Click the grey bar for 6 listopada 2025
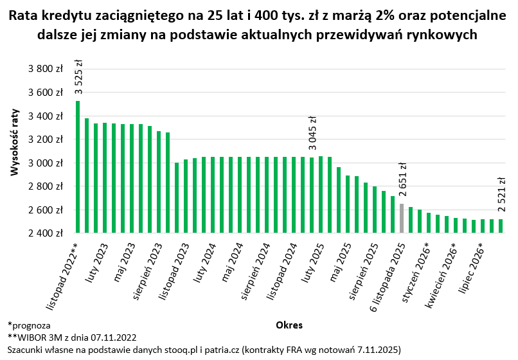pyautogui.click(x=402, y=219)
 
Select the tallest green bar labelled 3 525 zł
pyautogui.click(x=78, y=167)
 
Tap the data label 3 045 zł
pyautogui.click(x=312, y=133)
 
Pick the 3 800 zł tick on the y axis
pyautogui.click(x=46, y=69)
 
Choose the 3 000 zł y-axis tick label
pyautogui.click(x=46, y=163)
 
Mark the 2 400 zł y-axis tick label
pyautogui.click(x=46, y=233)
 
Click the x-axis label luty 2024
pyautogui.click(x=204, y=258)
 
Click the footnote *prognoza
pyautogui.click(x=29, y=326)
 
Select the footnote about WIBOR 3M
pyautogui.click(x=72, y=337)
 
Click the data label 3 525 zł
pyautogui.click(x=78, y=77)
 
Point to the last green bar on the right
pyautogui.click(x=501, y=226)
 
